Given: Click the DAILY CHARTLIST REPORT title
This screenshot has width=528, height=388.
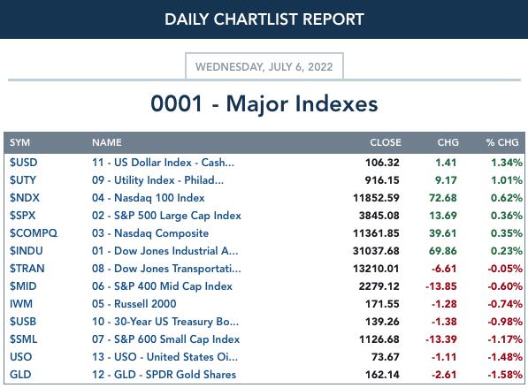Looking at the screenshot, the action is point(264,19).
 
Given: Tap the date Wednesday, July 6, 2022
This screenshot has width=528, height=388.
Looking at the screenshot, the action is point(264,66).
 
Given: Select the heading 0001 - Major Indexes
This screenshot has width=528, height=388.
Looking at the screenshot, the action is point(264,103).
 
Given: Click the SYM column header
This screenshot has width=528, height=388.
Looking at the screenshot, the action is point(19,142).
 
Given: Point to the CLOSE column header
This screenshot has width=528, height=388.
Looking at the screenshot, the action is point(386,142).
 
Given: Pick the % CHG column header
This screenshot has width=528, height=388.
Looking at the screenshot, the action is point(502,142).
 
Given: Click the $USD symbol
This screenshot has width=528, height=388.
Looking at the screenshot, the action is point(24,163).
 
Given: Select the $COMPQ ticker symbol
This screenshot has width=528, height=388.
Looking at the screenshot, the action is point(34,233).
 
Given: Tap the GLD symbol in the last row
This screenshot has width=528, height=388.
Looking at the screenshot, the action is point(20,375).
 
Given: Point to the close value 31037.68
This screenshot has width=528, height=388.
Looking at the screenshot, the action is point(376,251).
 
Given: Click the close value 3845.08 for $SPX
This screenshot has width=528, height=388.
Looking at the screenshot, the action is point(379,216).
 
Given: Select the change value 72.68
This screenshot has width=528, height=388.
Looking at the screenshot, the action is point(443,198).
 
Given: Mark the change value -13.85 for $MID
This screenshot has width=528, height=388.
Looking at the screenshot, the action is point(441,286).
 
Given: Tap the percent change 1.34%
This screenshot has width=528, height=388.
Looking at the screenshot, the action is point(507,163).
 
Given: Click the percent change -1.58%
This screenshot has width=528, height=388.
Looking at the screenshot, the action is point(505,375).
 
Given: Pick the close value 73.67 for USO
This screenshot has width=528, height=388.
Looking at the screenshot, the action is point(386,357).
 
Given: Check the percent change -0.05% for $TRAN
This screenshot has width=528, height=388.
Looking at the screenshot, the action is point(505,269).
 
